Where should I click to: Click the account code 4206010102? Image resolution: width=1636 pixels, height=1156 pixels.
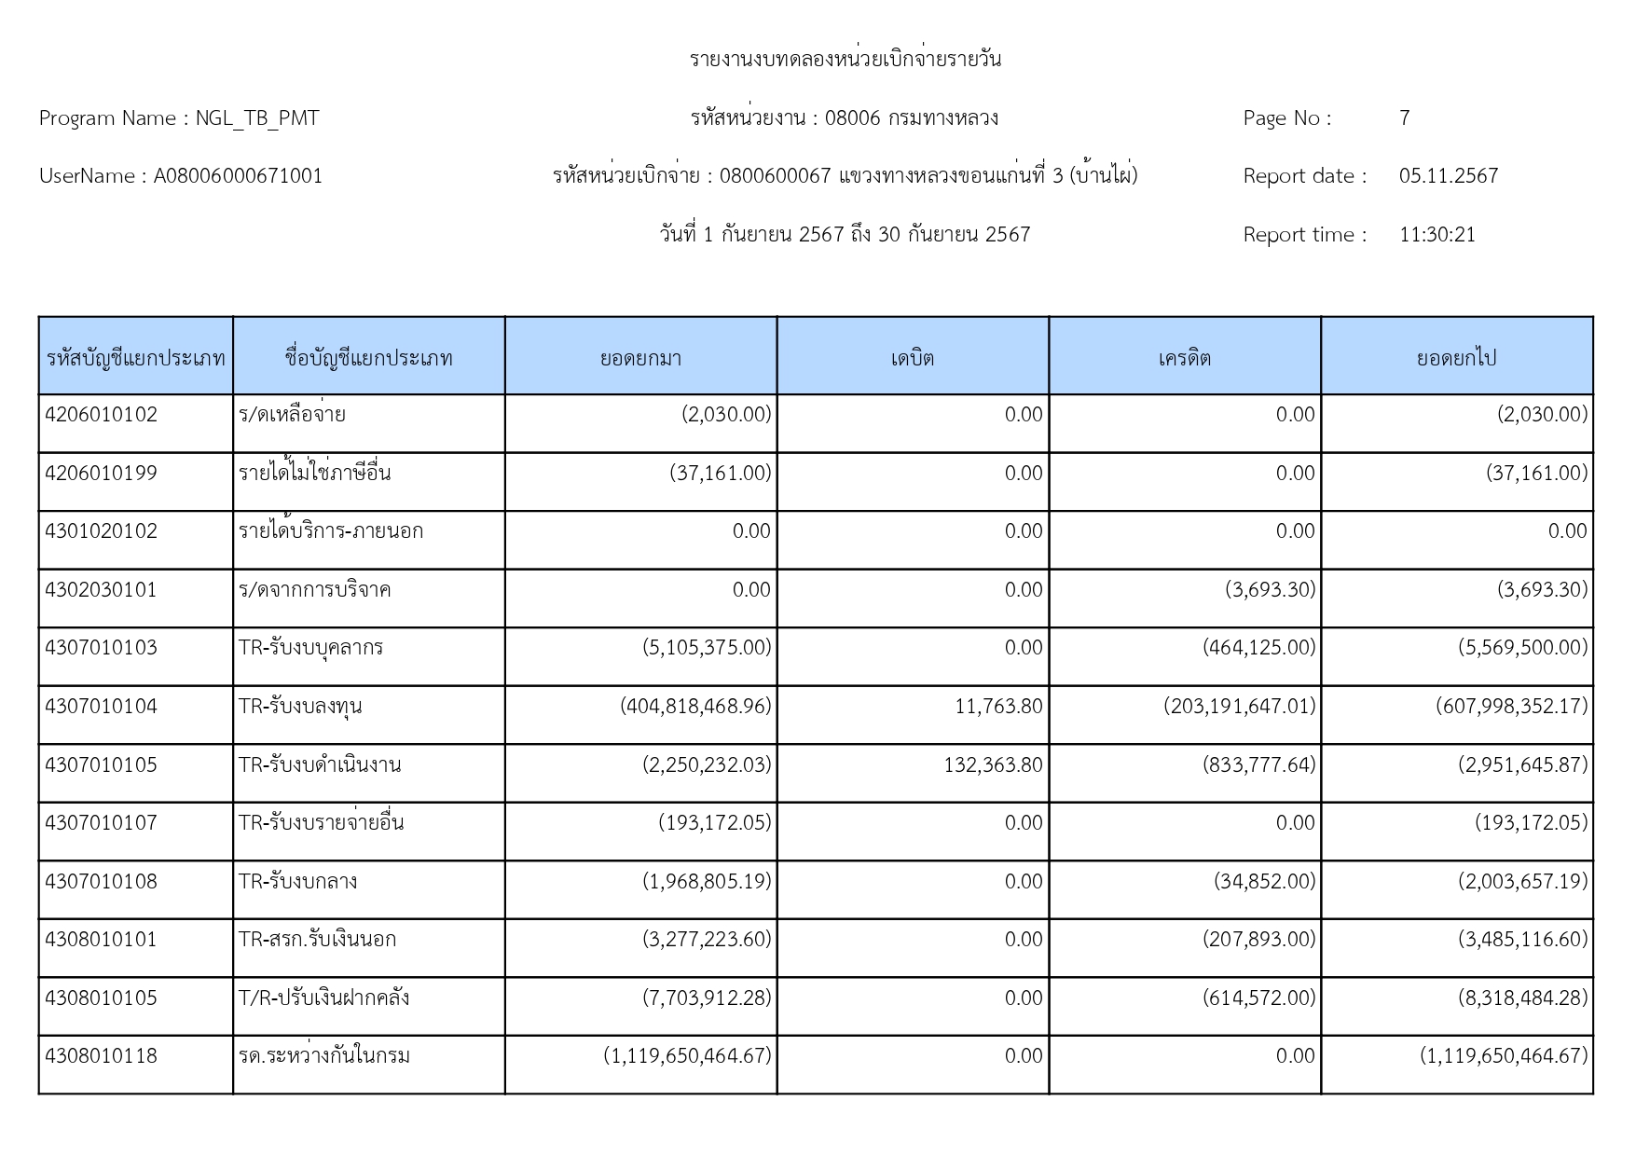point(102,415)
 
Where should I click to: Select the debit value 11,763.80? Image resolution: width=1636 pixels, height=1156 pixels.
point(998,707)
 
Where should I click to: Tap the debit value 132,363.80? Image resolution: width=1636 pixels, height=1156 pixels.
point(993,765)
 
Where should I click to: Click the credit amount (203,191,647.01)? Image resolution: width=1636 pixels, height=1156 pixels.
point(1239,707)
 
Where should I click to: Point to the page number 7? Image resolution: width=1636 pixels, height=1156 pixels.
point(1404,118)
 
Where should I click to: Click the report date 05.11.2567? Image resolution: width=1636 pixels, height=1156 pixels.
point(1448,176)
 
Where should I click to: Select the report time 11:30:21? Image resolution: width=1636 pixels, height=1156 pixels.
point(1437,235)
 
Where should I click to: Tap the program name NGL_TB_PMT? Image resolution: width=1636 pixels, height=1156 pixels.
point(257,118)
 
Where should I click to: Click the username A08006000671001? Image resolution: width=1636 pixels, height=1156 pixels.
point(238,176)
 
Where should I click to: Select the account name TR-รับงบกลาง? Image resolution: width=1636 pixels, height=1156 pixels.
point(297,882)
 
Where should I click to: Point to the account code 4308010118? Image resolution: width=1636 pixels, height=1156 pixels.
point(102,1056)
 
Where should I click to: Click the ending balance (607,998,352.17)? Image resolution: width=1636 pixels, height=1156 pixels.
point(1511,707)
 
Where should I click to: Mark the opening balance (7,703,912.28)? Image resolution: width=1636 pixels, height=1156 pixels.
point(707,998)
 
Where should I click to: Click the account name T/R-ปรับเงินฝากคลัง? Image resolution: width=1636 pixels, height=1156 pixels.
point(323,998)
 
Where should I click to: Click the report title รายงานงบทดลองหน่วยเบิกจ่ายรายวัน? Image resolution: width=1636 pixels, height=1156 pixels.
point(845,60)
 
